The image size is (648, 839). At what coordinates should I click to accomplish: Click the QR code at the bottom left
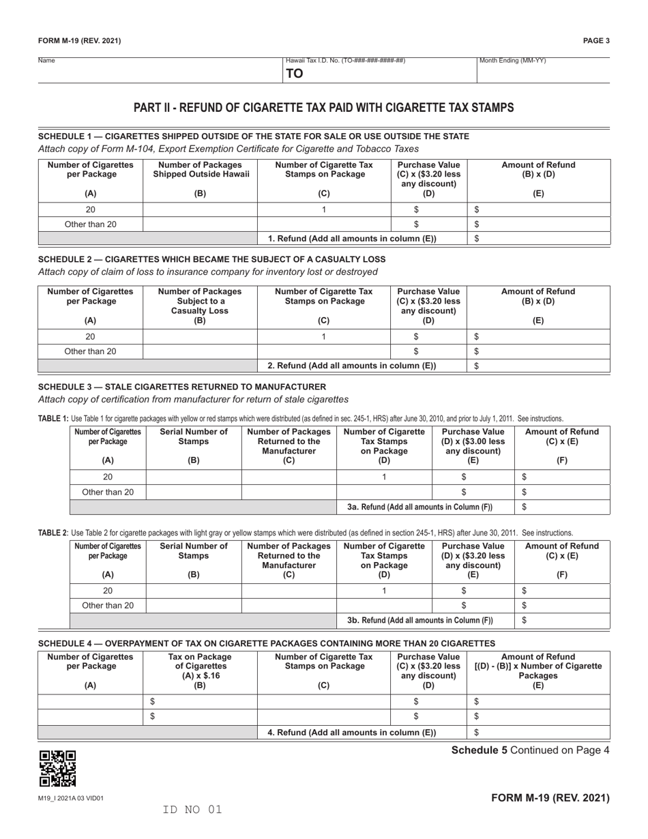57,768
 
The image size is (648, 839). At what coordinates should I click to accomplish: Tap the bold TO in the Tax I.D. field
294,74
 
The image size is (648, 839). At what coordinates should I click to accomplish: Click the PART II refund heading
323,108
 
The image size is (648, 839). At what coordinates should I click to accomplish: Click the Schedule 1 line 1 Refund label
352,239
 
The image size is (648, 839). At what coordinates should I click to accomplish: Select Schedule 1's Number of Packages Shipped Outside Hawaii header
200,171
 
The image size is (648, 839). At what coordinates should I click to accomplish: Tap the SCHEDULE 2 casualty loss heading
211,259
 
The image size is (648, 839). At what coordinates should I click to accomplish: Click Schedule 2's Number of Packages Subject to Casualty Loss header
200,301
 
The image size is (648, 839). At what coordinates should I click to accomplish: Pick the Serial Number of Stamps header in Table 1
194,442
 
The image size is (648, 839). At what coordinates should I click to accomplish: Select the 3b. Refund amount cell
563,620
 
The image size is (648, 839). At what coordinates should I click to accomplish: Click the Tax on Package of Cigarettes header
200,666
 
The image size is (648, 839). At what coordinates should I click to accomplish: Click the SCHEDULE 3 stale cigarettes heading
182,387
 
